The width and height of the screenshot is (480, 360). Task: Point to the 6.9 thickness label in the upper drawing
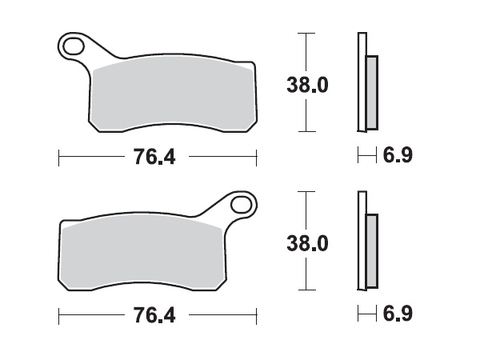tap(398, 156)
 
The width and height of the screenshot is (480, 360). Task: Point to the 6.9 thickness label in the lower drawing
tap(398, 314)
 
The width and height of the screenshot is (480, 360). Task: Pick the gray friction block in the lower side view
tap(370, 250)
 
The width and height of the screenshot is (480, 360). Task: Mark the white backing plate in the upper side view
tap(361, 80)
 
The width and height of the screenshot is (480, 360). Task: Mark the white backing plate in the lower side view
tap(361, 240)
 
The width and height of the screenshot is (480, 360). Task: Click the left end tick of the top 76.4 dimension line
tap(60, 157)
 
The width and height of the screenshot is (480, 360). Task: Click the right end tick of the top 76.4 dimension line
tap(256, 157)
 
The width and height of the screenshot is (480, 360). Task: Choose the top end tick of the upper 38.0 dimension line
tap(302, 34)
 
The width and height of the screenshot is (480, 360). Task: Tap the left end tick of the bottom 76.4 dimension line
tap(60, 314)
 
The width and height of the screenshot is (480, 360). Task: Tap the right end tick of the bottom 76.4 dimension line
tap(256, 314)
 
